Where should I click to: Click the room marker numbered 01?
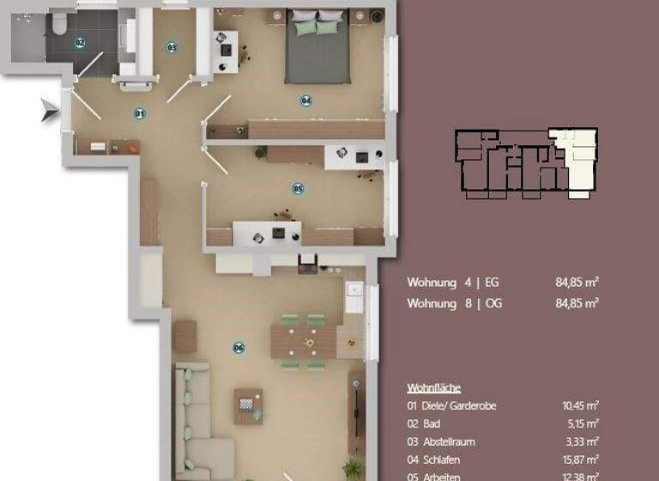click(x=139, y=113)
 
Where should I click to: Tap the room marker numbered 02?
click(x=80, y=42)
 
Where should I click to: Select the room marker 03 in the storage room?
click(x=171, y=47)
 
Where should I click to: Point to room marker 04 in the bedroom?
click(x=305, y=101)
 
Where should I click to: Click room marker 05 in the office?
click(x=298, y=188)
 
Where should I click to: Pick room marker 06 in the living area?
click(x=239, y=347)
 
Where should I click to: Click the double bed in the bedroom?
click(x=317, y=46)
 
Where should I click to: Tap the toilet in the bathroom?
click(x=58, y=25)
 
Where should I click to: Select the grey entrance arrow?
click(x=51, y=110)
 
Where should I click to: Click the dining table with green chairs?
click(x=304, y=341)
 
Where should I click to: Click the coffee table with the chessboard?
click(x=248, y=405)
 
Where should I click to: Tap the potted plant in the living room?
click(x=353, y=469)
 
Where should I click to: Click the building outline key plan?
click(x=525, y=163)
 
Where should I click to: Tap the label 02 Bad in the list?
click(x=427, y=423)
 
